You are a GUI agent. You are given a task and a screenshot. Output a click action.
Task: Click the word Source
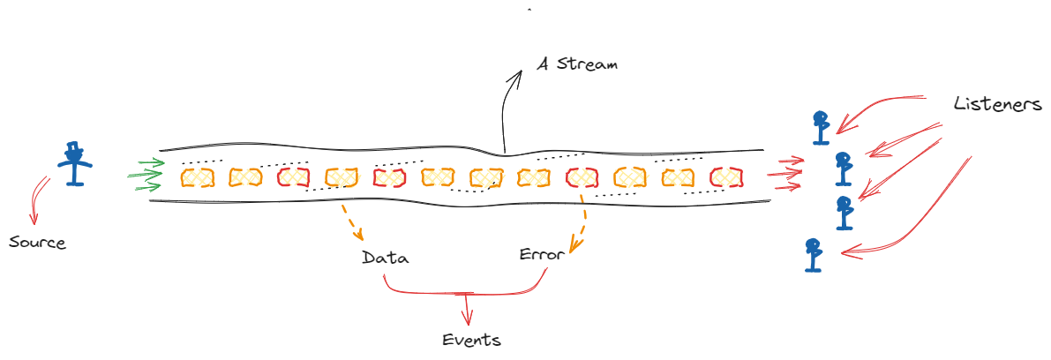click(x=37, y=242)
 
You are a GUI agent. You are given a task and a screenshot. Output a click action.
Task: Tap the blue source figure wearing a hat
click(x=74, y=163)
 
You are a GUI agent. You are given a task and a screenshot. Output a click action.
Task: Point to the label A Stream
click(x=578, y=64)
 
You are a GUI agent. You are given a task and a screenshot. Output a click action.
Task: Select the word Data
click(x=386, y=259)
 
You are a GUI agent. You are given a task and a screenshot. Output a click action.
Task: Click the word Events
click(x=471, y=340)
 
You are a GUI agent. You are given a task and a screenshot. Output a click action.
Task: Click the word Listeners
click(x=997, y=104)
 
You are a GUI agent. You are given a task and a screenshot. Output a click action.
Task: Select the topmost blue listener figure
click(x=822, y=127)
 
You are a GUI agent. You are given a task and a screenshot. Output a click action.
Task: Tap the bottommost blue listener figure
click(x=813, y=254)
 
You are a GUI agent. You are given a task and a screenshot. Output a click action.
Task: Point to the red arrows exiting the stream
click(x=785, y=174)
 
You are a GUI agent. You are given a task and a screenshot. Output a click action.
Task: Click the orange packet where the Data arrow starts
click(x=341, y=177)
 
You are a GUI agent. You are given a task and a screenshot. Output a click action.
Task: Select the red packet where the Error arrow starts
click(x=582, y=177)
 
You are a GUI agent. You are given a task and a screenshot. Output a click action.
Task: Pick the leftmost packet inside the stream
click(x=198, y=177)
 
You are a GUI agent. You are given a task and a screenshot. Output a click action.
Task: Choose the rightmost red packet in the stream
click(x=725, y=177)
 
